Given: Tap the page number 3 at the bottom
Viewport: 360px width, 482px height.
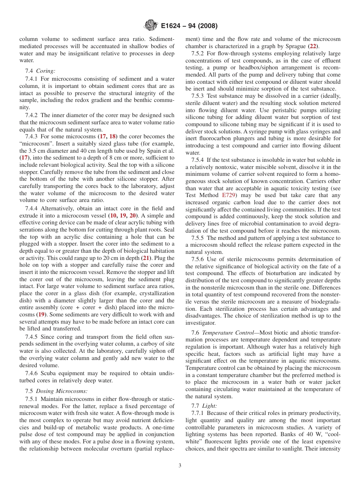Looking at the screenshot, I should (x=180, y=466).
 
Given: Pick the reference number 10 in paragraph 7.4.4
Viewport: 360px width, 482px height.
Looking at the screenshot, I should (x=113, y=216).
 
